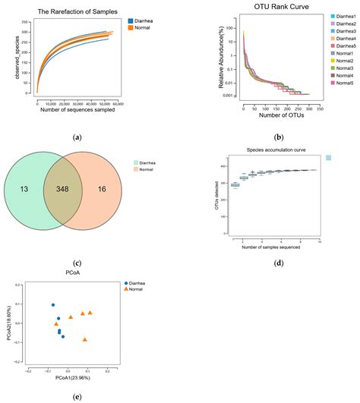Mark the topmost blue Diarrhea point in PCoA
coord(53,305)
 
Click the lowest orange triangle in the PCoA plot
coord(85,340)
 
